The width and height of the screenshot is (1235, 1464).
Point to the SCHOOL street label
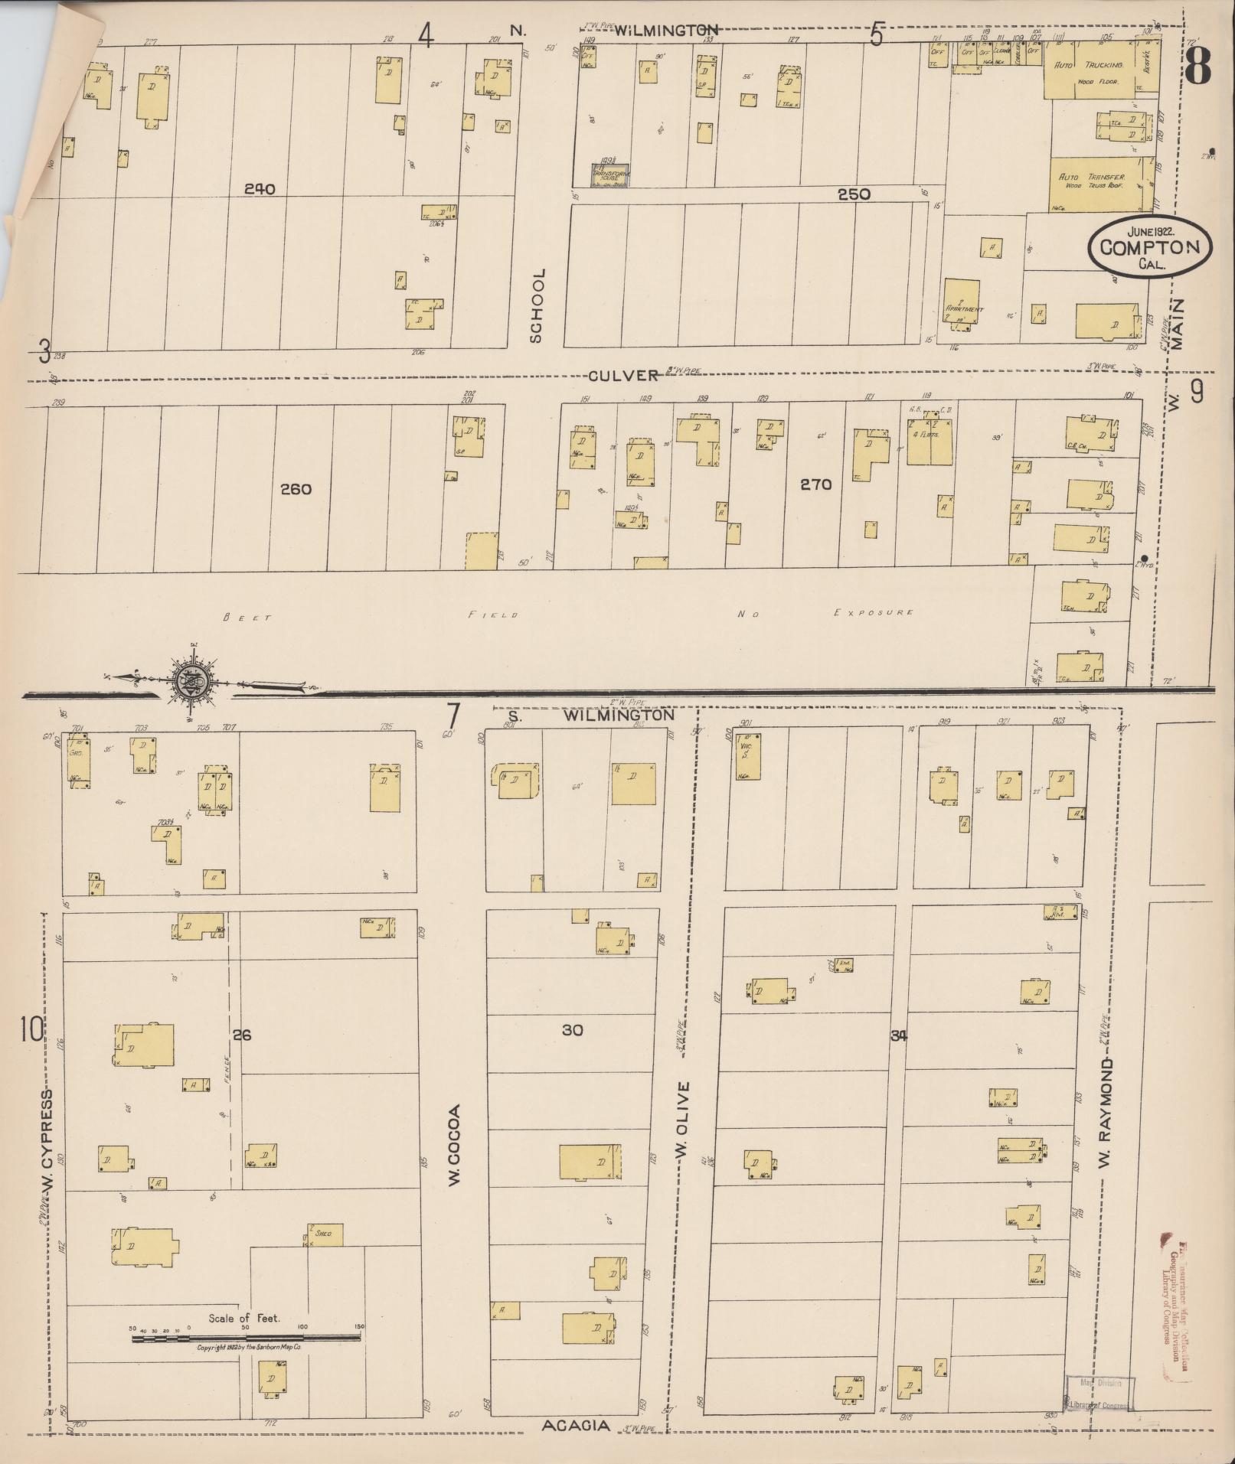[x=538, y=305]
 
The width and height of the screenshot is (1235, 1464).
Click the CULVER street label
[x=623, y=375]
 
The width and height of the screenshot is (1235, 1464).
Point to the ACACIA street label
[x=576, y=1426]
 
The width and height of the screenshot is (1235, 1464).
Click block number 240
[x=260, y=189]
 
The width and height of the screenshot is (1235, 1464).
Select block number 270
[x=815, y=484]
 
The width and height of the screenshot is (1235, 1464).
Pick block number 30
[x=572, y=1030]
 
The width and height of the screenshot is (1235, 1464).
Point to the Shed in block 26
[x=325, y=1234]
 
